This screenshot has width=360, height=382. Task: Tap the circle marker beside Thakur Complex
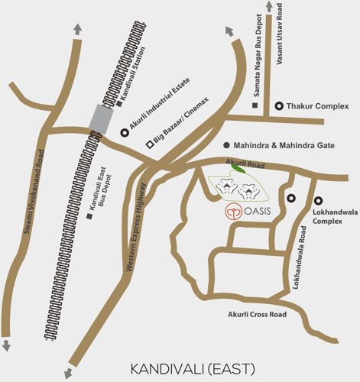click(x=279, y=106)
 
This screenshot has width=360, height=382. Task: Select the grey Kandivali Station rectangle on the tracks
click(x=101, y=118)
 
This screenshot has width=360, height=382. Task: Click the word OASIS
click(x=258, y=212)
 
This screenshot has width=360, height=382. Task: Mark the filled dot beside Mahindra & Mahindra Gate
click(x=226, y=144)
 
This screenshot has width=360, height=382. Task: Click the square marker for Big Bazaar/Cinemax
click(x=150, y=144)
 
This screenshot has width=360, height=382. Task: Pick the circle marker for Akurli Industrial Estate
click(x=125, y=133)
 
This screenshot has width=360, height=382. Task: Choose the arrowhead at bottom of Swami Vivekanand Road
click(x=6, y=345)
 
